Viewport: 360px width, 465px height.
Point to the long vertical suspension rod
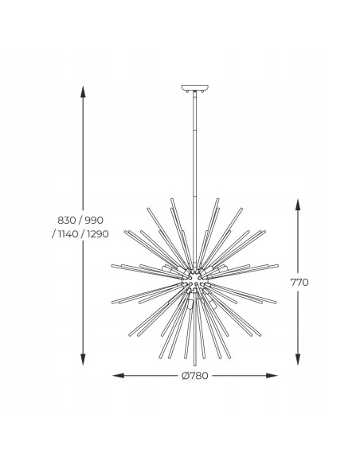point(194,159)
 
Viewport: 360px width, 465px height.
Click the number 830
point(69,220)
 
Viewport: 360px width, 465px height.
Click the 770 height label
point(299,282)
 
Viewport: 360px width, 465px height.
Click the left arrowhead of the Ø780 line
point(115,374)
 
